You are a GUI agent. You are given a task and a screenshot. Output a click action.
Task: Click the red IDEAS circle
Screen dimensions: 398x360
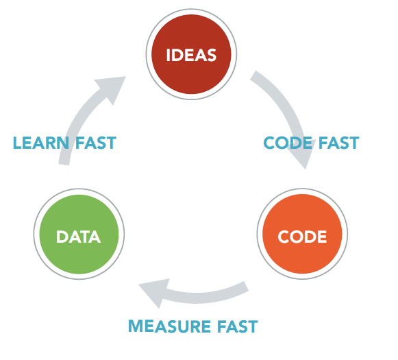[191, 54]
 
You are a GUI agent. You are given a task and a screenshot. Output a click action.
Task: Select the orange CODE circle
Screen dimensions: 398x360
[302, 234]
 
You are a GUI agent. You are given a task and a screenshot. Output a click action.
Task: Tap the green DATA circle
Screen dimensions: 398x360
[79, 234]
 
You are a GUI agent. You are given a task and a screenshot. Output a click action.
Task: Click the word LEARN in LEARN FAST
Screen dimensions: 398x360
[41, 143]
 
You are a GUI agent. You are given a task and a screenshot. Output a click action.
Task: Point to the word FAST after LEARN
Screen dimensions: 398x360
[96, 143]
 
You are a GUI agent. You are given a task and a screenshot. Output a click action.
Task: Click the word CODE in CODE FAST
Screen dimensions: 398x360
[288, 143]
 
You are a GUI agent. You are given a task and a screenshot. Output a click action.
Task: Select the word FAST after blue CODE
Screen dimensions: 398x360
[339, 143]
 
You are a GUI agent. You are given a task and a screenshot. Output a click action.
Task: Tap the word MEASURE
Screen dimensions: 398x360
[169, 326]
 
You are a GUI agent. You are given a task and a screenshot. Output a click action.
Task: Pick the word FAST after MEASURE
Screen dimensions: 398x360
[238, 326]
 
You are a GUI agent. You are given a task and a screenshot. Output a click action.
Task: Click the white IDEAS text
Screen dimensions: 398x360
[191, 55]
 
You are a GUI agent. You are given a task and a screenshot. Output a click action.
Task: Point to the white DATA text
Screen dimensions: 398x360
[78, 237]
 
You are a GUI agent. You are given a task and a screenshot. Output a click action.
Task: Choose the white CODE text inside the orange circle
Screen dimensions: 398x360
[302, 237]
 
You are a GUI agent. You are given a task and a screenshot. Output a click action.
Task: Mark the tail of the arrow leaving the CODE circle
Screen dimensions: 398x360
[246, 286]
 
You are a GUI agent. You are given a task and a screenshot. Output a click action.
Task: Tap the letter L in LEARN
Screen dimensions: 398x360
[17, 143]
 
